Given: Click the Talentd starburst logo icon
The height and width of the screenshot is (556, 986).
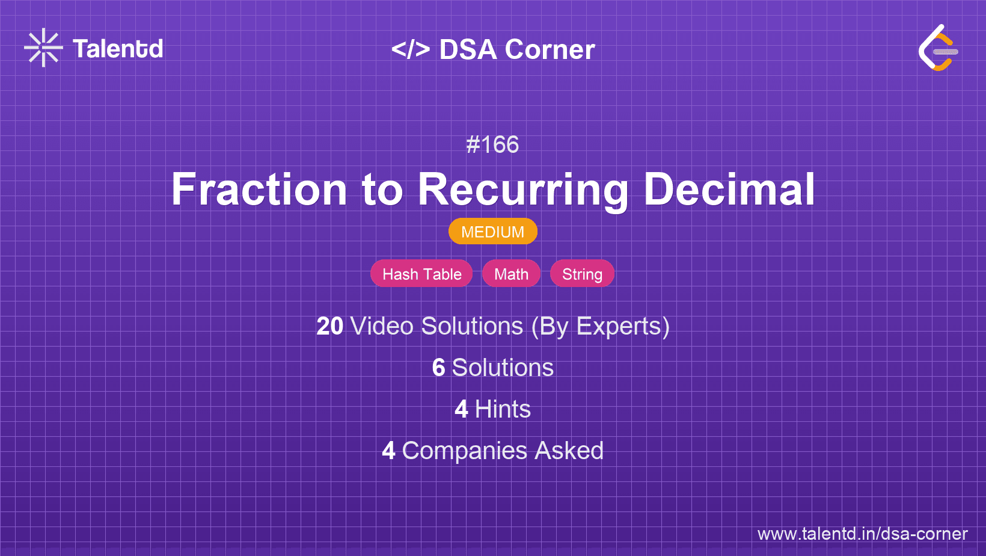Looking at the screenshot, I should point(43,48).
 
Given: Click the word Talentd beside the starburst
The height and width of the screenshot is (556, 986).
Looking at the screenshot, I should point(118,49).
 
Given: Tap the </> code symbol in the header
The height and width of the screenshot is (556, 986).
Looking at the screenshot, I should point(411,49).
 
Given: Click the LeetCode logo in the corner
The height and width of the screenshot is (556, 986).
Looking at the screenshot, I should point(938,48).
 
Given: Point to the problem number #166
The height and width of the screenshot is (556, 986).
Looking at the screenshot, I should point(492,144).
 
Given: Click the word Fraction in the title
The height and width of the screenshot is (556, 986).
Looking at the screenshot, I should point(259,190).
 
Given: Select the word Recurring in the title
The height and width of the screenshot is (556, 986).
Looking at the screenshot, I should point(523,190).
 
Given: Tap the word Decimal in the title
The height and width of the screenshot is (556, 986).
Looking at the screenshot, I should point(729,190).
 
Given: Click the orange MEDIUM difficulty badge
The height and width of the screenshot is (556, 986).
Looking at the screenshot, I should point(492,232).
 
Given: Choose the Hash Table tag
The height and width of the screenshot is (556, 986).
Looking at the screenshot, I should point(421,274).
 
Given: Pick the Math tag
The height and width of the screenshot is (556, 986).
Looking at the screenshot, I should point(511,274).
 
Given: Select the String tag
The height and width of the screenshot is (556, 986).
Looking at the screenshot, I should point(582,274).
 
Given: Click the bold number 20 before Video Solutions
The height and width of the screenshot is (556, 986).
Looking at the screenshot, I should point(329,326).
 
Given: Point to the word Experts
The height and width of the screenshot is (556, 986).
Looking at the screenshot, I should point(622,326).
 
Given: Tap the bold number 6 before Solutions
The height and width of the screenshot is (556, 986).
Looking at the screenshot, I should point(438,368).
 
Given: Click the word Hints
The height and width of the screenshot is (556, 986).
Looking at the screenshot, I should point(503,409).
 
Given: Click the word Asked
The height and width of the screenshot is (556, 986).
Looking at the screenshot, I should point(569,451).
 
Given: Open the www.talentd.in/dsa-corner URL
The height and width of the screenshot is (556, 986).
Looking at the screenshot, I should point(862,534).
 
